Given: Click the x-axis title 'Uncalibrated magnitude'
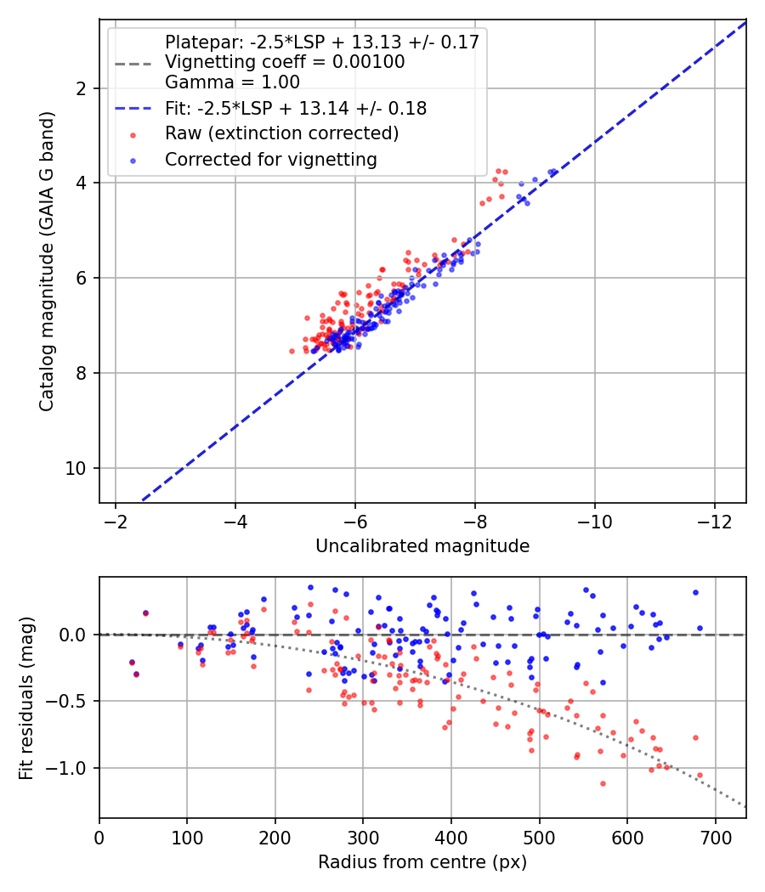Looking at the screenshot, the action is click(422, 546).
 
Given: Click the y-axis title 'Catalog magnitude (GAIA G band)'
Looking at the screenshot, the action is click(46, 261).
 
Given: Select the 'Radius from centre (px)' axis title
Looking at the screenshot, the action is click(422, 862).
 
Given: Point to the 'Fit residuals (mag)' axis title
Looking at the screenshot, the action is click(26, 698).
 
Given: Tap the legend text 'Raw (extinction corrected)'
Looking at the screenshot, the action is click(281, 133).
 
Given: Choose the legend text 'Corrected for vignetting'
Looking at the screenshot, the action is click(271, 160).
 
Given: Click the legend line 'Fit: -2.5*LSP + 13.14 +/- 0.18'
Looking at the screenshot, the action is click(133, 108).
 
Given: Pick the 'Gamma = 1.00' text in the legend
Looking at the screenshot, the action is click(232, 82).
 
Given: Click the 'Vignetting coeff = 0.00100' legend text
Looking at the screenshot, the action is click(285, 61).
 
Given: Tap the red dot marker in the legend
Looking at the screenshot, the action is click(133, 135).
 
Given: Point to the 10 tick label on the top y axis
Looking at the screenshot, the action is click(75, 468).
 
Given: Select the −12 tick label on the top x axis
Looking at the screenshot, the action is click(715, 521).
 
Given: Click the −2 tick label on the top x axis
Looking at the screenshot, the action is click(116, 521).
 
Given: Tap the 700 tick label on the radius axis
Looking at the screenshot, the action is click(715, 838).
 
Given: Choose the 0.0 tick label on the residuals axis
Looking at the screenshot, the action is click(72, 635).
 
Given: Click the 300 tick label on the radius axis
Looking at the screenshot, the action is click(363, 838).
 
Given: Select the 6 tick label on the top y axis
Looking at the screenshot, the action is click(80, 278).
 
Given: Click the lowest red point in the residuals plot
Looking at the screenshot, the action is click(603, 784).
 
